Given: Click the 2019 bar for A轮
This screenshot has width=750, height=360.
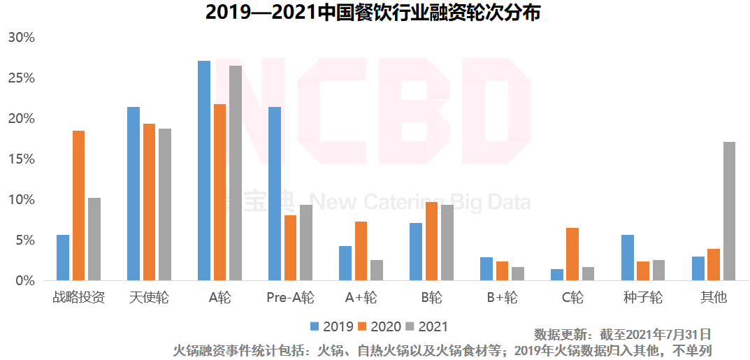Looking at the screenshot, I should point(204,171).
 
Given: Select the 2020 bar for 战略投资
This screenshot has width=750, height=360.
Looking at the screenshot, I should point(78,206).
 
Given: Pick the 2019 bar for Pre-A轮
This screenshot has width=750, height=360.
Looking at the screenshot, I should point(275,194).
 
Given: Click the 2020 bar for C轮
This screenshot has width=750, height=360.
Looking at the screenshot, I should point(572,254).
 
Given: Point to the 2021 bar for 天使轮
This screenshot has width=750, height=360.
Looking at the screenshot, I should point(165,204).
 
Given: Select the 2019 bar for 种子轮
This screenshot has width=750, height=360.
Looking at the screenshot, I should point(628,257).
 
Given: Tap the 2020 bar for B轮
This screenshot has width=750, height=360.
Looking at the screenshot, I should point(431,241).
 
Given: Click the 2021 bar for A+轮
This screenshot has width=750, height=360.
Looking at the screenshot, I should point(377,270).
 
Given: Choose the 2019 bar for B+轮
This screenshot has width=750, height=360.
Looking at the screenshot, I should point(486,268).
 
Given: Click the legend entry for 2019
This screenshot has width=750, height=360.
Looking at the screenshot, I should point(331,326).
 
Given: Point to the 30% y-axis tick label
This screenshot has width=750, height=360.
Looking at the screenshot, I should point(21,38).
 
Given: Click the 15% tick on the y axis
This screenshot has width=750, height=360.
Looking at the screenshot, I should point(21,159).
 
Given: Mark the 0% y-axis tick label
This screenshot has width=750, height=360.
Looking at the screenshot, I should point(24,281).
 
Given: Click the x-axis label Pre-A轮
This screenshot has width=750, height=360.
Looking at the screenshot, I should point(290,298).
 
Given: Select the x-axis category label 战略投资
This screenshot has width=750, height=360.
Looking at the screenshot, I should point(79,298).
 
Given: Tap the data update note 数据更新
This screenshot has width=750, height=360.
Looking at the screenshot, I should point(622,334).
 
